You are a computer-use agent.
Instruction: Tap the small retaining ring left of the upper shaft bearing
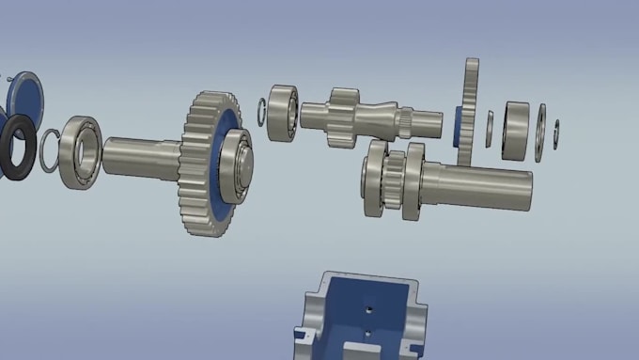click(x=263, y=110)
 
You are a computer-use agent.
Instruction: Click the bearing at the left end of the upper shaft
click(x=283, y=112)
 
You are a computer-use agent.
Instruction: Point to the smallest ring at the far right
click(x=556, y=133)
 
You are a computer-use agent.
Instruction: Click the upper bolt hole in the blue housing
click(x=368, y=306)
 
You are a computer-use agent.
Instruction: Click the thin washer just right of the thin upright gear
click(x=490, y=129)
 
